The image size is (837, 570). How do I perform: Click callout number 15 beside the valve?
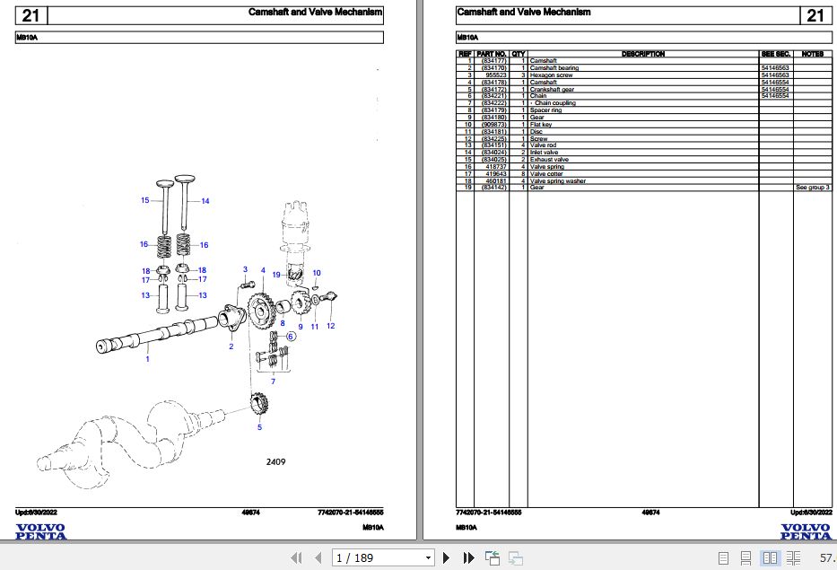tap(144, 200)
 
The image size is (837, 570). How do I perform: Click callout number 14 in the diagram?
tap(205, 201)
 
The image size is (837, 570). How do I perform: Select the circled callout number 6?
tap(291, 337)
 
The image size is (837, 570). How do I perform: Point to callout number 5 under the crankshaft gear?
tap(260, 427)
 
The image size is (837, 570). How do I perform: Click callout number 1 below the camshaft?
tap(147, 359)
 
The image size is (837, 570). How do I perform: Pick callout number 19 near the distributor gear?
tap(277, 274)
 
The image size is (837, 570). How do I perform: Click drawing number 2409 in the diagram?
tap(275, 462)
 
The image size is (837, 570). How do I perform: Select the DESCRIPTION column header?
tap(643, 54)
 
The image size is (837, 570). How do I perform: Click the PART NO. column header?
tap(493, 54)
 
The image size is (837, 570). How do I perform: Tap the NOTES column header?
tap(813, 54)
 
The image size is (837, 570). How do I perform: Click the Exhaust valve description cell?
tap(550, 159)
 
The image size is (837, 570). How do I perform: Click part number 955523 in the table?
tap(495, 75)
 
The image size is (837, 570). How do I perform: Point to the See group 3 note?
tap(813, 188)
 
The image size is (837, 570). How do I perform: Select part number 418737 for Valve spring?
tap(495, 166)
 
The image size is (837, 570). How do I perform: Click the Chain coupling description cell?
tap(554, 103)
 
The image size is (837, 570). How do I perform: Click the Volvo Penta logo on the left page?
tap(40, 531)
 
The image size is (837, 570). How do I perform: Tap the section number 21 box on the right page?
tap(815, 15)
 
